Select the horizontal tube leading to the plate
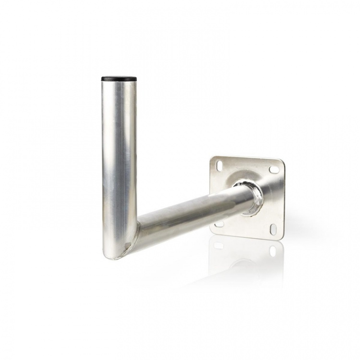(192, 211)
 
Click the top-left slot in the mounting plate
(219, 165)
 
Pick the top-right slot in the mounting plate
(274, 169)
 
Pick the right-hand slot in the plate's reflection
(273, 251)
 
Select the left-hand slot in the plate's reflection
(219, 245)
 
